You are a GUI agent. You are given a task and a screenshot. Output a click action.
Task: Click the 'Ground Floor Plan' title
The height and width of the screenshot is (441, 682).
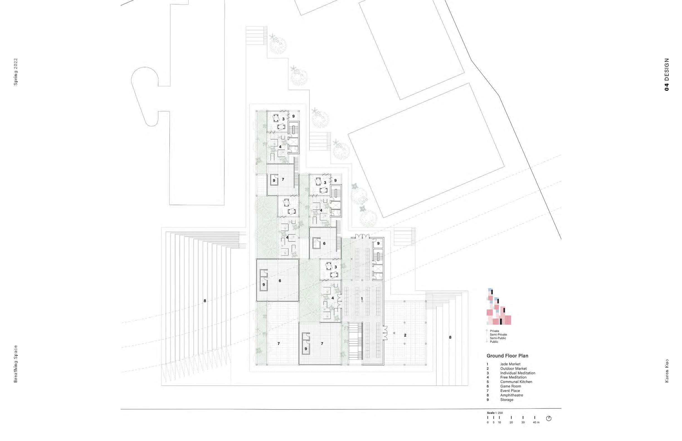[507, 356]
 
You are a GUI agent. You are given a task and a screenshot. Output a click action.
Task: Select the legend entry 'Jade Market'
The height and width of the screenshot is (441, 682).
[510, 364]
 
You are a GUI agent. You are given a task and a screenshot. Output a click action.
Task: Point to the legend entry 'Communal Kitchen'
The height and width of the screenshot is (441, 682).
[516, 382]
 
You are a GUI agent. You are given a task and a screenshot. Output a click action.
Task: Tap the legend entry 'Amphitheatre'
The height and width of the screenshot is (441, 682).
[511, 395]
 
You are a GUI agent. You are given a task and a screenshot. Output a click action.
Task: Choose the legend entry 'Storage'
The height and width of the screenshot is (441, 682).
[507, 400]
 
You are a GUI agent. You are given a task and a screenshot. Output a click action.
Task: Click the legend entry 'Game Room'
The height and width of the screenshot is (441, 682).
[511, 386]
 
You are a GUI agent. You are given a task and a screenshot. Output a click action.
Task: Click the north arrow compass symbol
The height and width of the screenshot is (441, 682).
[549, 418]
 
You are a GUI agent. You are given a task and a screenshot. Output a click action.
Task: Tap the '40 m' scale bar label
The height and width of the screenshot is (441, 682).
[536, 422]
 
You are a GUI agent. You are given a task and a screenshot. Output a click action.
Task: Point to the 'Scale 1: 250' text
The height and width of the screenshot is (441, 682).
[495, 413]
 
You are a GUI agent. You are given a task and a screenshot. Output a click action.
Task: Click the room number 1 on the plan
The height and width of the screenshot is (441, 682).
[362, 299]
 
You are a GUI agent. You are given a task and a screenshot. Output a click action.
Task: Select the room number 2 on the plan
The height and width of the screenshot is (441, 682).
[405, 335]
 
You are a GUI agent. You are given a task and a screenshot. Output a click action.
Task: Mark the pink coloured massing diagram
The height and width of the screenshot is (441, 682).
[499, 307]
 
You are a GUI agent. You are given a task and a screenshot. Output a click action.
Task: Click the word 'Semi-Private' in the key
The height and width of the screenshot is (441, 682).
[498, 334]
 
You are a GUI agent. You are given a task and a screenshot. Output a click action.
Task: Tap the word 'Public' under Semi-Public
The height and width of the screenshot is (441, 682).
[494, 342]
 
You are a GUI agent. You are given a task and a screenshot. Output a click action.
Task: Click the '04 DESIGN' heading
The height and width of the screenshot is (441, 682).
[667, 75]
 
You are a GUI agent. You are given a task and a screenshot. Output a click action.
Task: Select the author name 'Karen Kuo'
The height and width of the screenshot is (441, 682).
[667, 371]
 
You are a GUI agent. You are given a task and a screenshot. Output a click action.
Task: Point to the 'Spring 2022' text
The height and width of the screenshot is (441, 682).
[16, 72]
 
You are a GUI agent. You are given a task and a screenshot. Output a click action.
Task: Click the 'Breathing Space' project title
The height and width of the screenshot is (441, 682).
[16, 364]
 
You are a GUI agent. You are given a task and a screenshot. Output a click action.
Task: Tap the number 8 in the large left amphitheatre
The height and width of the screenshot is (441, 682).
[204, 301]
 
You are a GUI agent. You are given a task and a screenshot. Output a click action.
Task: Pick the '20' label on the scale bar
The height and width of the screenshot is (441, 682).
[511, 422]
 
